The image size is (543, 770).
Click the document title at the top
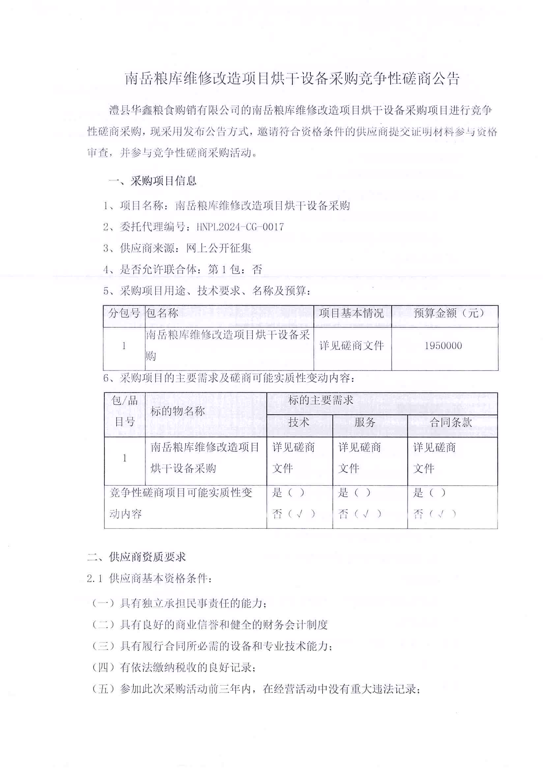point(292,79)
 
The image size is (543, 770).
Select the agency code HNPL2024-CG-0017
point(240,227)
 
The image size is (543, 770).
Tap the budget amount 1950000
point(443,346)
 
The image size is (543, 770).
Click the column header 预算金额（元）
point(449,313)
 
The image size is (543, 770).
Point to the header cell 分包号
point(124,313)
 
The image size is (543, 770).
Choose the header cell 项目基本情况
point(351,313)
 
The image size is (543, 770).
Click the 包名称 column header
point(162,313)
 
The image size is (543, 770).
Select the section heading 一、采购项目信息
point(153,181)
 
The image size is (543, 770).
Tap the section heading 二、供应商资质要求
point(136,557)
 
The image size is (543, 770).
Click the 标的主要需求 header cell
point(321,400)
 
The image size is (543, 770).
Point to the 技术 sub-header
point(299,422)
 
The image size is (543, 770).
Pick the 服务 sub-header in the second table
point(365,422)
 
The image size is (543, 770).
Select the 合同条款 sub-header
point(451,422)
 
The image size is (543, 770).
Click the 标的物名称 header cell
point(177,411)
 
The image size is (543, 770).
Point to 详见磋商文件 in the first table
point(352,346)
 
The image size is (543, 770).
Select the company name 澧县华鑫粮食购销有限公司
point(174,110)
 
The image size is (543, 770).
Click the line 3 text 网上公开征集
point(218,249)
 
